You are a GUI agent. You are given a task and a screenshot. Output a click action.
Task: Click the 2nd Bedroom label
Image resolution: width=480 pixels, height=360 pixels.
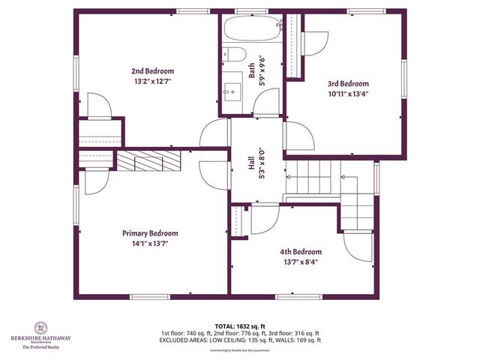(x=148, y=72)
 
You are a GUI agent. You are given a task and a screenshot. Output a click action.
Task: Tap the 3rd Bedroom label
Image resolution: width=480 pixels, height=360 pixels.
(x=348, y=84)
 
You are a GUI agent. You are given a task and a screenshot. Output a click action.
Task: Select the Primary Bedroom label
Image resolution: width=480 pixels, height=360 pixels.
(x=150, y=233)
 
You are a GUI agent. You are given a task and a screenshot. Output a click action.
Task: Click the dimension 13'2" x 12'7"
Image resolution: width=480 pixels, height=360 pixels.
(x=148, y=82)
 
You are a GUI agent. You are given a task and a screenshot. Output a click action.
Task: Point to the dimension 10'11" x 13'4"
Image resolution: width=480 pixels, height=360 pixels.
(x=348, y=94)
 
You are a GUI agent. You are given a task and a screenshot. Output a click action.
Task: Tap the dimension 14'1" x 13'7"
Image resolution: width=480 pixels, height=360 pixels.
(x=150, y=244)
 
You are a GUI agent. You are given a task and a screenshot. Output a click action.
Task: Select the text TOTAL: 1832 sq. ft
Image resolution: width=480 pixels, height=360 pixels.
(x=240, y=326)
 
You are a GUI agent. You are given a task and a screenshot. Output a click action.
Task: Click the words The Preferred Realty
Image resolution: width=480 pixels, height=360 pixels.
(x=40, y=348)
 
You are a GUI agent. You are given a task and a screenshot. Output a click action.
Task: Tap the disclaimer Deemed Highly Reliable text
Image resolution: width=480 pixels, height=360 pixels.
(x=240, y=350)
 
